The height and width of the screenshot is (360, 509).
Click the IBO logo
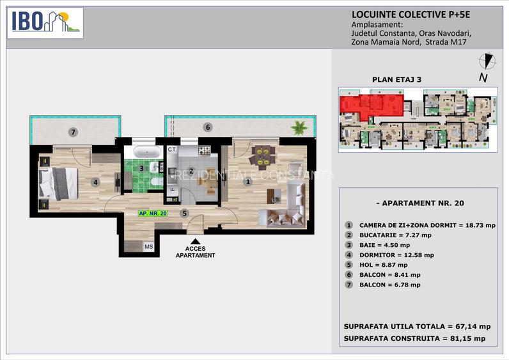coord(45,22)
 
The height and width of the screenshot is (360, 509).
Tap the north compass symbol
coord(488,61)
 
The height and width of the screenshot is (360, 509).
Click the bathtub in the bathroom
coord(146,153)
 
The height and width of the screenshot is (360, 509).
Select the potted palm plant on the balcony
coord(299,127)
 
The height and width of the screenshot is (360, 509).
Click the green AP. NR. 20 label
coord(153,214)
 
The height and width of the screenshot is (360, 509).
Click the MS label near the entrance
coord(148,246)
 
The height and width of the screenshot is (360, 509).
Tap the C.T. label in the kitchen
coord(171,150)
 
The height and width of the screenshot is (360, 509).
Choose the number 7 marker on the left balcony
coord(74,132)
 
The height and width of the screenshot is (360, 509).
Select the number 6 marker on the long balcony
coord(208,127)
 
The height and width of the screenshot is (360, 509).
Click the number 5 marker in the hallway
coord(185,214)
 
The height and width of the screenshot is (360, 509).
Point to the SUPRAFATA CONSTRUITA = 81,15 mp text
coord(414,338)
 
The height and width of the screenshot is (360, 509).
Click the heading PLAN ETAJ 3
coord(396,80)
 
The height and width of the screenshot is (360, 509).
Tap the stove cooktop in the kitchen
coord(204,151)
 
